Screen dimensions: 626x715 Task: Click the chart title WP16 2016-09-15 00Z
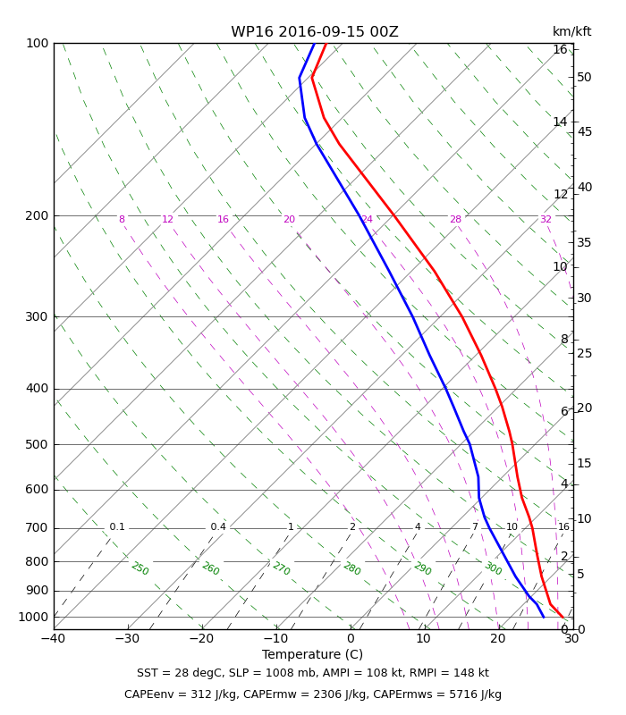315,32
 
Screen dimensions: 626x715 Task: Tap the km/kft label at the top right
571,31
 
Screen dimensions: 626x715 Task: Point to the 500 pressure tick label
37,444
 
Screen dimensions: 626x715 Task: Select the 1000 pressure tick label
33,617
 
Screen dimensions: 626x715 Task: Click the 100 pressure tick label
37,43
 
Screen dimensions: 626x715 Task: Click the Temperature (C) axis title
312,654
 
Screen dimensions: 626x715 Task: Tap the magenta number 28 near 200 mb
456,219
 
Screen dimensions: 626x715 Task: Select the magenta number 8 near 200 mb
122,219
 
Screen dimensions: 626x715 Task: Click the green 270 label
281,568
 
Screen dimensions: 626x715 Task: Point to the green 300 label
493,568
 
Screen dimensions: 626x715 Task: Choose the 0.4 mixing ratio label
218,527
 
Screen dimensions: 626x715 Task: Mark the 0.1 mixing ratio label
117,527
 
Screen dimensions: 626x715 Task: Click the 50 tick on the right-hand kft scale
584,78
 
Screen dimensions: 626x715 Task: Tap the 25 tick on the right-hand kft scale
584,353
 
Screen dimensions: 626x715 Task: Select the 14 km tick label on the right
561,122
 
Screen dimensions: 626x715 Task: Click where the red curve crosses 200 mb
393,215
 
